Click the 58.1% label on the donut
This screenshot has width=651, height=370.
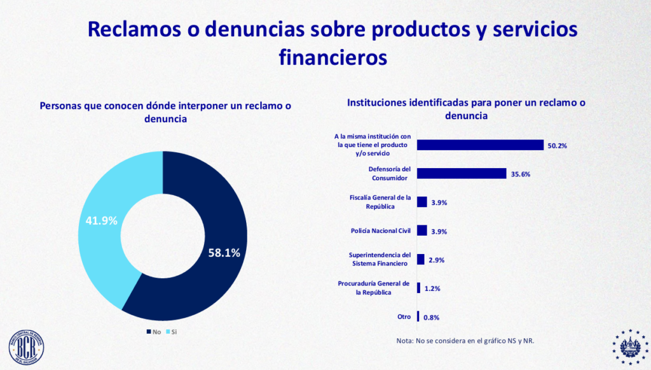coord(224,253)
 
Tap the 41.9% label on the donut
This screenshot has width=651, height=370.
coord(102,221)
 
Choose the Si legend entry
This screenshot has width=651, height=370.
coord(171,332)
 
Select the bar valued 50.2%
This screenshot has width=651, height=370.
coord(480,145)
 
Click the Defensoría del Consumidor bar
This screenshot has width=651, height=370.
coord(462,173)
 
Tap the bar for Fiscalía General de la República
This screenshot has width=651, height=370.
coord(421,202)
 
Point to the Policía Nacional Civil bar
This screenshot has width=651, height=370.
coord(421,231)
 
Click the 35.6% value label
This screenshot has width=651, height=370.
coord(520,174)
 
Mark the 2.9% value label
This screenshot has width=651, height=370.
coord(437,260)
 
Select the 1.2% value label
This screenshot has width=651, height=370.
coord(433,289)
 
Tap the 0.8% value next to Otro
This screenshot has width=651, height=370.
coord(432,318)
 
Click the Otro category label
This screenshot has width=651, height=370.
coord(404,317)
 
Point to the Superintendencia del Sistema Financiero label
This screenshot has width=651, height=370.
coord(380,259)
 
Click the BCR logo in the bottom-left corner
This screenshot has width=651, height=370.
coord(26,348)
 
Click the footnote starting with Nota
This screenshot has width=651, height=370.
coord(465,341)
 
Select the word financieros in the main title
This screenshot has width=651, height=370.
coord(332,57)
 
